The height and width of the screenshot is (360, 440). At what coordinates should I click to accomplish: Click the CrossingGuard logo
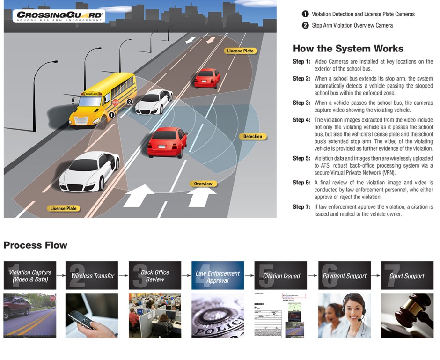[x=59, y=16]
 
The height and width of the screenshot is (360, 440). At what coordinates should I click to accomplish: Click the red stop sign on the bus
[x=115, y=102]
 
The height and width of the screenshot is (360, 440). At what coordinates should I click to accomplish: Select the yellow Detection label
[x=253, y=137]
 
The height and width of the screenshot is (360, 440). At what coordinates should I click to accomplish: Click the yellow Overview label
[x=203, y=184]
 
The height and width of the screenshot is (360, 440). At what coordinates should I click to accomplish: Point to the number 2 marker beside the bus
[x=130, y=102]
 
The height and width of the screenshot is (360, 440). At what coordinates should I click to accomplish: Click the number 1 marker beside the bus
[x=111, y=114]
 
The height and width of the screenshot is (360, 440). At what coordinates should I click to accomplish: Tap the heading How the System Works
[x=348, y=49]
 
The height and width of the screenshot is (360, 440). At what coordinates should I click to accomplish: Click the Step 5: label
[x=301, y=158]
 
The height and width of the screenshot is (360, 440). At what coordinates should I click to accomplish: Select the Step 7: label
[x=301, y=206]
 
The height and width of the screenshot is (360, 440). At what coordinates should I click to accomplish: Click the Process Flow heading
[x=36, y=245]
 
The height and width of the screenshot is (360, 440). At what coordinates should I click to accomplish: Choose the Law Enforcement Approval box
[x=218, y=276]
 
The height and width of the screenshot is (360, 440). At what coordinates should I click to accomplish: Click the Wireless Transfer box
[x=92, y=276]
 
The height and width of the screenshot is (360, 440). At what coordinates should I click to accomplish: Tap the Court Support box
[x=407, y=276]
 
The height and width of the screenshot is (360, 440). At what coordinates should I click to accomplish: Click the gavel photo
[x=407, y=316]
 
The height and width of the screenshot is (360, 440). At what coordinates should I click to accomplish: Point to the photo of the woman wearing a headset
[x=344, y=316]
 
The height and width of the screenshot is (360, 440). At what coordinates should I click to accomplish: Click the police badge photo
[x=218, y=316]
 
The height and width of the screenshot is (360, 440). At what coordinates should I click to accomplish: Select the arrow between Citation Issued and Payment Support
[x=312, y=276]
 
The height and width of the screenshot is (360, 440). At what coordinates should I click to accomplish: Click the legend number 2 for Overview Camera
[x=305, y=25]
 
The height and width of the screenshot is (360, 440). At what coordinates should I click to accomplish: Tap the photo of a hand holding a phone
[x=92, y=316]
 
